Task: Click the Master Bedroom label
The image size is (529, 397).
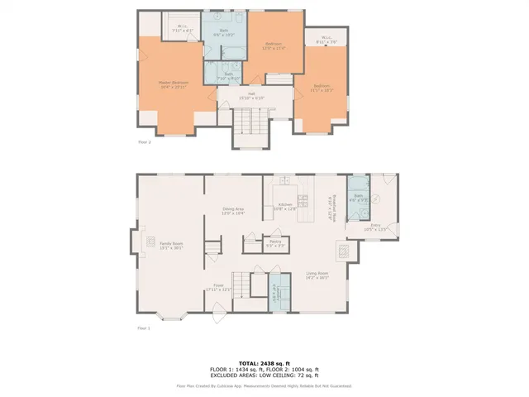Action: [173, 84]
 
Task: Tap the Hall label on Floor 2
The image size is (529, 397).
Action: [251, 95]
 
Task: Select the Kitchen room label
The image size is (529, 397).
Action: [285, 206]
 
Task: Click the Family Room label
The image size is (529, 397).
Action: [171, 245]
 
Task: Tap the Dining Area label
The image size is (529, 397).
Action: [232, 210]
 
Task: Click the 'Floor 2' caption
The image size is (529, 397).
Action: [145, 142]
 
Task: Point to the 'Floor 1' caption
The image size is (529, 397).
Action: [145, 328]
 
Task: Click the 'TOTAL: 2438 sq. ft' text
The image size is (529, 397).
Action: [264, 363]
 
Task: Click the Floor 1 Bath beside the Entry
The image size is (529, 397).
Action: [357, 199]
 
